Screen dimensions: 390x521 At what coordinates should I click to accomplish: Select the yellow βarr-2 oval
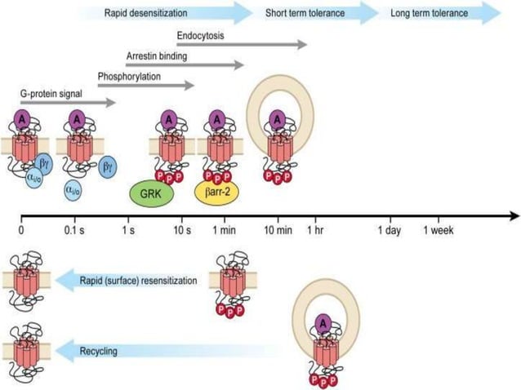215,192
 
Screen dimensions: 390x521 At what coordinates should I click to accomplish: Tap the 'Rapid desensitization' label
145,13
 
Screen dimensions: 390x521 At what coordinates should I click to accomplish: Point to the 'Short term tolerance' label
305,13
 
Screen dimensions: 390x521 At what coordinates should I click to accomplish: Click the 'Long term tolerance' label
429,13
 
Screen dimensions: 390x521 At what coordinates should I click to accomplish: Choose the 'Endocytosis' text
200,37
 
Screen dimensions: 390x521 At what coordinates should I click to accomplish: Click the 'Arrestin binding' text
155,56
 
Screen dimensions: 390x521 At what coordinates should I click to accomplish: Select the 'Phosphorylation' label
128,77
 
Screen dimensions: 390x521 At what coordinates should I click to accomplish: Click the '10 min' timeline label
278,231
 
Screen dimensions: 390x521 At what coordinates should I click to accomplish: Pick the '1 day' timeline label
389,231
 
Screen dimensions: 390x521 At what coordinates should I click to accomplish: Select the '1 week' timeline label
438,231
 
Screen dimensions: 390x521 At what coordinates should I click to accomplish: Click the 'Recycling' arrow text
100,352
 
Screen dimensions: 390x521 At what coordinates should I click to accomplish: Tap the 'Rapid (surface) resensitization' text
139,281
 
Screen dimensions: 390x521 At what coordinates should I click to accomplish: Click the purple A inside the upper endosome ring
279,119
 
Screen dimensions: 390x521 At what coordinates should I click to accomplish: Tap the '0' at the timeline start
21,231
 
